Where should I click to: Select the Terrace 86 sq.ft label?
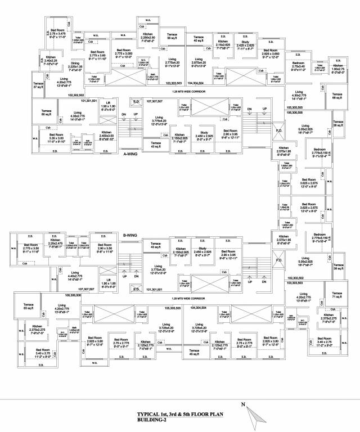pos(172,36)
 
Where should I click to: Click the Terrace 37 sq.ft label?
pos(38,85)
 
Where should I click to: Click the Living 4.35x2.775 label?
pos(77,116)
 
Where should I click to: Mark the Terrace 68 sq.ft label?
pos(337,96)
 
